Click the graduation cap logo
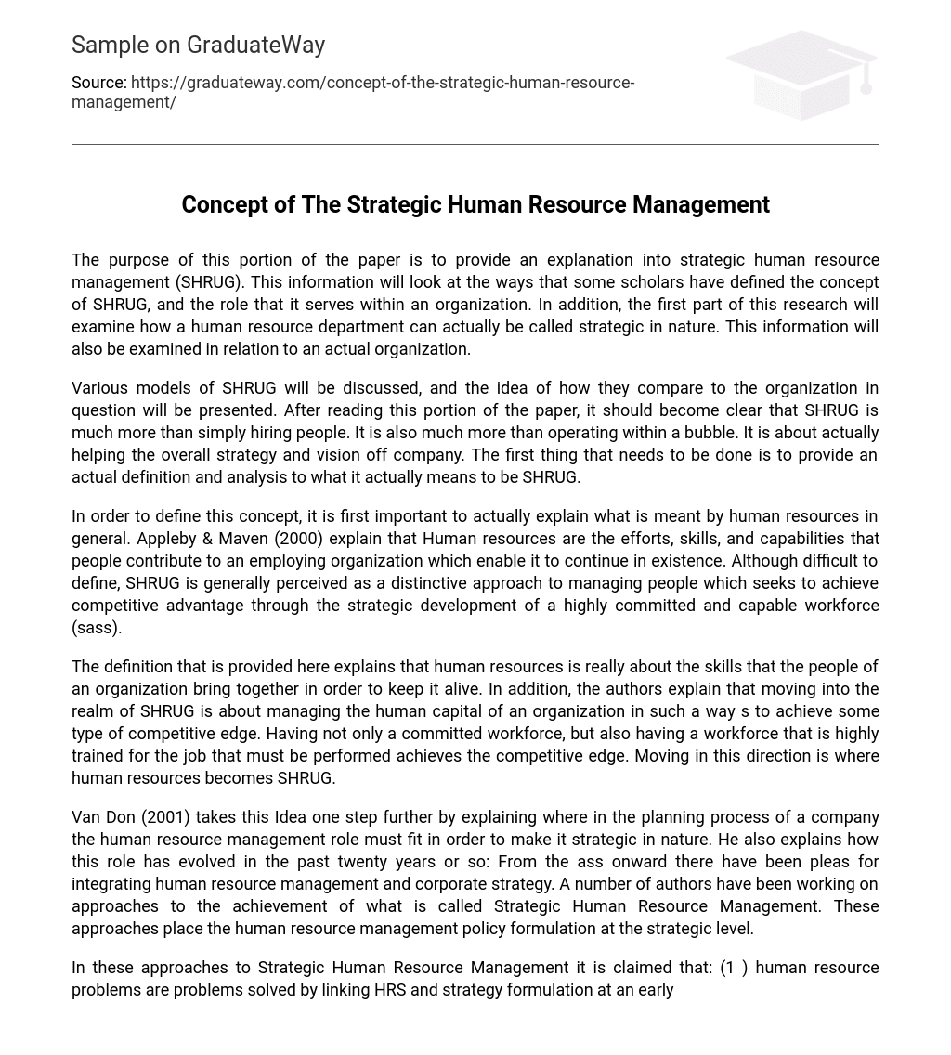801,74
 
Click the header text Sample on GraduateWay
198,45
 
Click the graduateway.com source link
353,92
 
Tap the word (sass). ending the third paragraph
97,628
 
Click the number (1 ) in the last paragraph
734,968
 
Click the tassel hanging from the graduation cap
866,80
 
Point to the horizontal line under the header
475,144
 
